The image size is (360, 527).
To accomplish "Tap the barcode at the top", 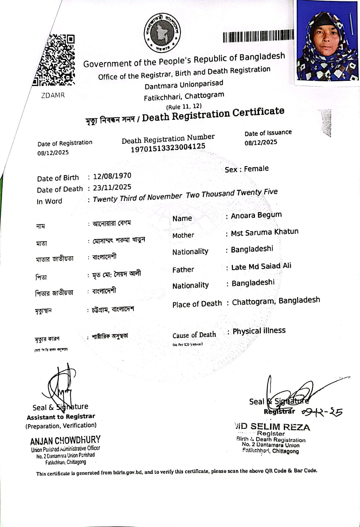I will pos(258,36).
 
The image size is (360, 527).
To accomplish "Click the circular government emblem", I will pos(162,33).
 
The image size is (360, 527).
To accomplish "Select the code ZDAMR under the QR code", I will pos(53,95).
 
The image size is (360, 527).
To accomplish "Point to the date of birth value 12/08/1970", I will pos(112,176).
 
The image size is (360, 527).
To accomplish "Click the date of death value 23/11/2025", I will pos(112,187).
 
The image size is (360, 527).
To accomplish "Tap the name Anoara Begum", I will pos(256,215).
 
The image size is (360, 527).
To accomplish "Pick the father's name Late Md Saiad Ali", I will pos(261,266).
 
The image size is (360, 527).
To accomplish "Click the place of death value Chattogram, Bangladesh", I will pos(276,301).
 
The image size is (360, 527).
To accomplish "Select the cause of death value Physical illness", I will pos(259,331).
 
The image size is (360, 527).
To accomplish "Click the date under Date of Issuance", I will pos(261,142).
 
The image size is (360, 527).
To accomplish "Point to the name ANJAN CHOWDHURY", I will pos(65,440).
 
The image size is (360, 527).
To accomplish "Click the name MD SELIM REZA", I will pos(273,427).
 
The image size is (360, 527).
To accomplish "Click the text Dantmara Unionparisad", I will pos(184,85).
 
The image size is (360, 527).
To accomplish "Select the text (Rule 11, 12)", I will pos(184,107).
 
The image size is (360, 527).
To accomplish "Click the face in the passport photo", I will pos(327,39).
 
